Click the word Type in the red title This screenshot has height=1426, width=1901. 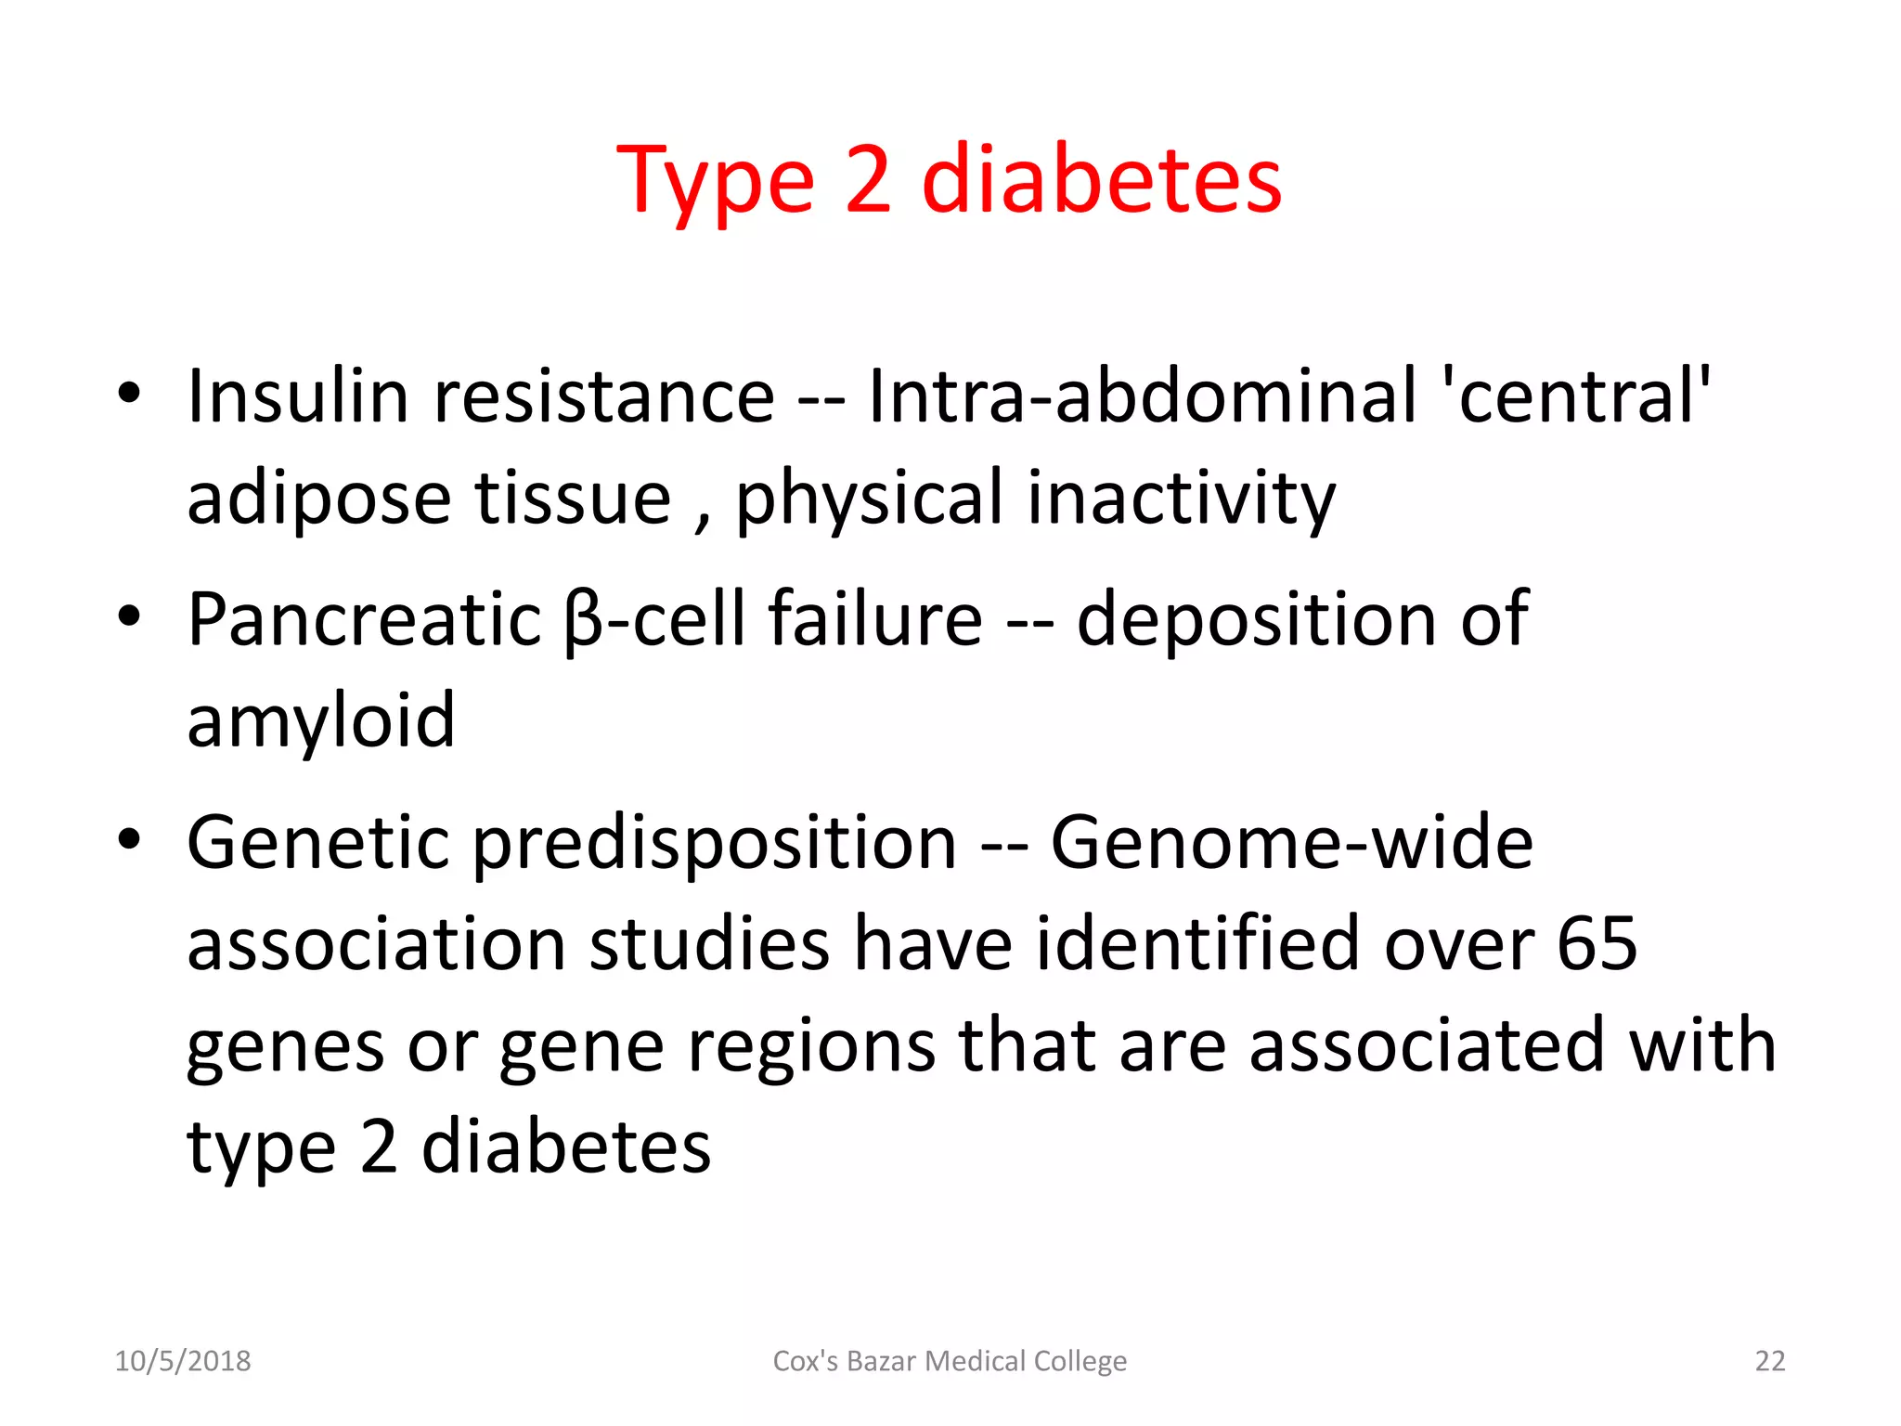(x=715, y=181)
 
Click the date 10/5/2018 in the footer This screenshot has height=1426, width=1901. (x=182, y=1361)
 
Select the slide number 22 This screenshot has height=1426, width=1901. (x=1769, y=1361)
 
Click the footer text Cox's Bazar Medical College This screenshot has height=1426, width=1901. (x=950, y=1361)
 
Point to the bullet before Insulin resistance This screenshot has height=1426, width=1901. (x=129, y=394)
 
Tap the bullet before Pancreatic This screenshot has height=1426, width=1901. (x=129, y=616)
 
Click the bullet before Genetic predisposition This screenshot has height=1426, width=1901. (x=129, y=839)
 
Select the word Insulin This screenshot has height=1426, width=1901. (x=297, y=396)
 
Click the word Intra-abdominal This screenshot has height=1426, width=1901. (x=1142, y=396)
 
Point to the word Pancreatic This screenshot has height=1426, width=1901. (x=364, y=619)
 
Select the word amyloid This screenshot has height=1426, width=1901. (x=320, y=721)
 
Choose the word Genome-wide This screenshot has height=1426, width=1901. (x=1291, y=842)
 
